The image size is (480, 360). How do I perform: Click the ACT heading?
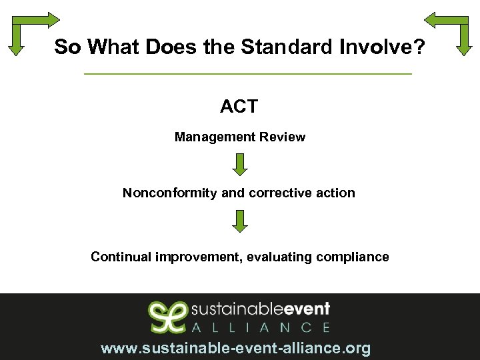click(239, 106)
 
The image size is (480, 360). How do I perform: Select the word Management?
click(206, 137)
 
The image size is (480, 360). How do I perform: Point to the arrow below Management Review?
click(240, 165)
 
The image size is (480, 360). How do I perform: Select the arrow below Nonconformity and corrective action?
click(240, 221)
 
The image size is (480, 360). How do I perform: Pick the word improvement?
click(197, 257)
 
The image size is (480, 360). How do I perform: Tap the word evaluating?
click(279, 257)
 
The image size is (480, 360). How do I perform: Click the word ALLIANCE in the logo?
click(261, 327)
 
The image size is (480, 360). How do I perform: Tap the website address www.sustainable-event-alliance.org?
click(235, 348)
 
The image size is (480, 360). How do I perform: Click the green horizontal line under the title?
click(248, 73)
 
